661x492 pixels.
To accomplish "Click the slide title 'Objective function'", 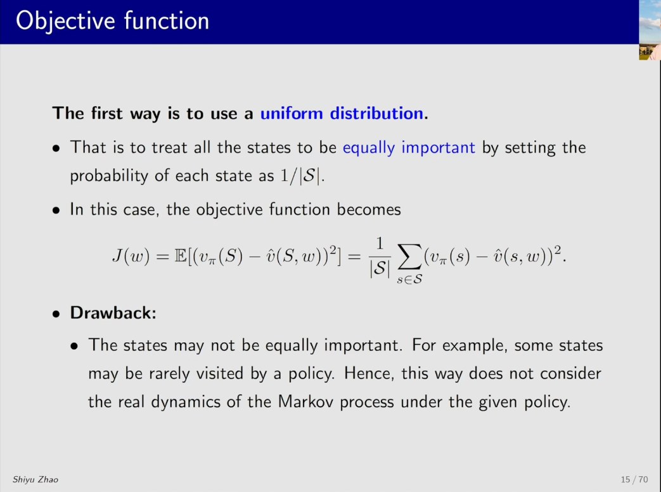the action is click(x=113, y=21).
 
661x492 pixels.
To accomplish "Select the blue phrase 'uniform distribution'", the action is click(x=342, y=113).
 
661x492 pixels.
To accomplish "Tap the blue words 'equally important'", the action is click(x=409, y=148).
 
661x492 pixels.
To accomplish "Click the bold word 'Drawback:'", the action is click(x=113, y=313).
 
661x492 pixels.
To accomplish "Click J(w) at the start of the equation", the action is click(x=131, y=256).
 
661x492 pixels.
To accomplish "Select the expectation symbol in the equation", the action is click(x=181, y=256).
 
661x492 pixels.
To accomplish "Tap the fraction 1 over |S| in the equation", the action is click(x=380, y=256).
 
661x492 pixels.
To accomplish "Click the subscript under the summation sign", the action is click(x=409, y=279).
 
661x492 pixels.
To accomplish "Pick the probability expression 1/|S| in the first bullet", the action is click(x=300, y=176).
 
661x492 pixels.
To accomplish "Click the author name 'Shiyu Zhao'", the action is click(x=35, y=479).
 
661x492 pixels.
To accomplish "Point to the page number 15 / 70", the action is click(x=634, y=479).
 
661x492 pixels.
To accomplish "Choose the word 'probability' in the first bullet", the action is click(x=109, y=176).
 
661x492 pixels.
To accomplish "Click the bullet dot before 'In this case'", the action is click(x=56, y=210).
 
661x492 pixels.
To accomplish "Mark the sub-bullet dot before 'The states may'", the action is click(x=75, y=347).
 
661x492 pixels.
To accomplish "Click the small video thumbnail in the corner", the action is click(x=650, y=30).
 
